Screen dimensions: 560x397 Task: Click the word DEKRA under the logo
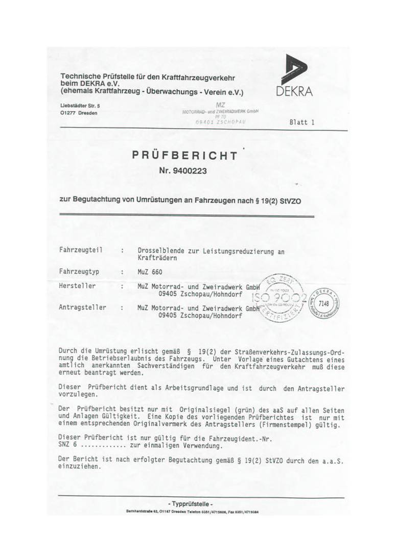tap(295, 92)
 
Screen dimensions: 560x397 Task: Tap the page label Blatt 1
tap(301, 122)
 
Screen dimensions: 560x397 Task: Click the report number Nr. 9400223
tap(183, 171)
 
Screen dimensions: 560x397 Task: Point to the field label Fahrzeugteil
tap(81, 250)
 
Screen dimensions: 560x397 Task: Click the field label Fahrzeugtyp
tap(79, 271)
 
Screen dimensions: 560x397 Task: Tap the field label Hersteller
tap(77, 286)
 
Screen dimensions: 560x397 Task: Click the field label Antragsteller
tap(83, 308)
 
